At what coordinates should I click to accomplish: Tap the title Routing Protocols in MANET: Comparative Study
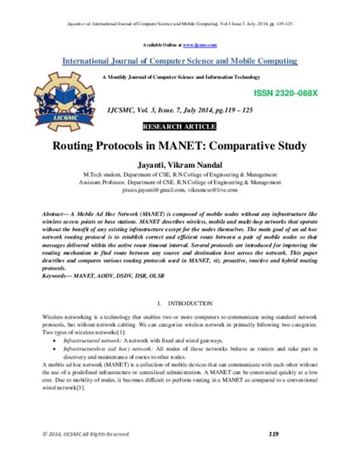pyautogui.click(x=180, y=144)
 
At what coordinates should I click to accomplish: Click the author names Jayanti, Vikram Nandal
pyautogui.click(x=180, y=163)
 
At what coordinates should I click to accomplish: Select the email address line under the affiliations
pyautogui.click(x=180, y=194)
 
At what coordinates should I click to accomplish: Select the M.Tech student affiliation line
pyautogui.click(x=180, y=173)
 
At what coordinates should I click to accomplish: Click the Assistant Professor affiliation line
pyautogui.click(x=180, y=183)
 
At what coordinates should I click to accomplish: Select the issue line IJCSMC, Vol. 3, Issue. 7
pyautogui.click(x=180, y=111)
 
